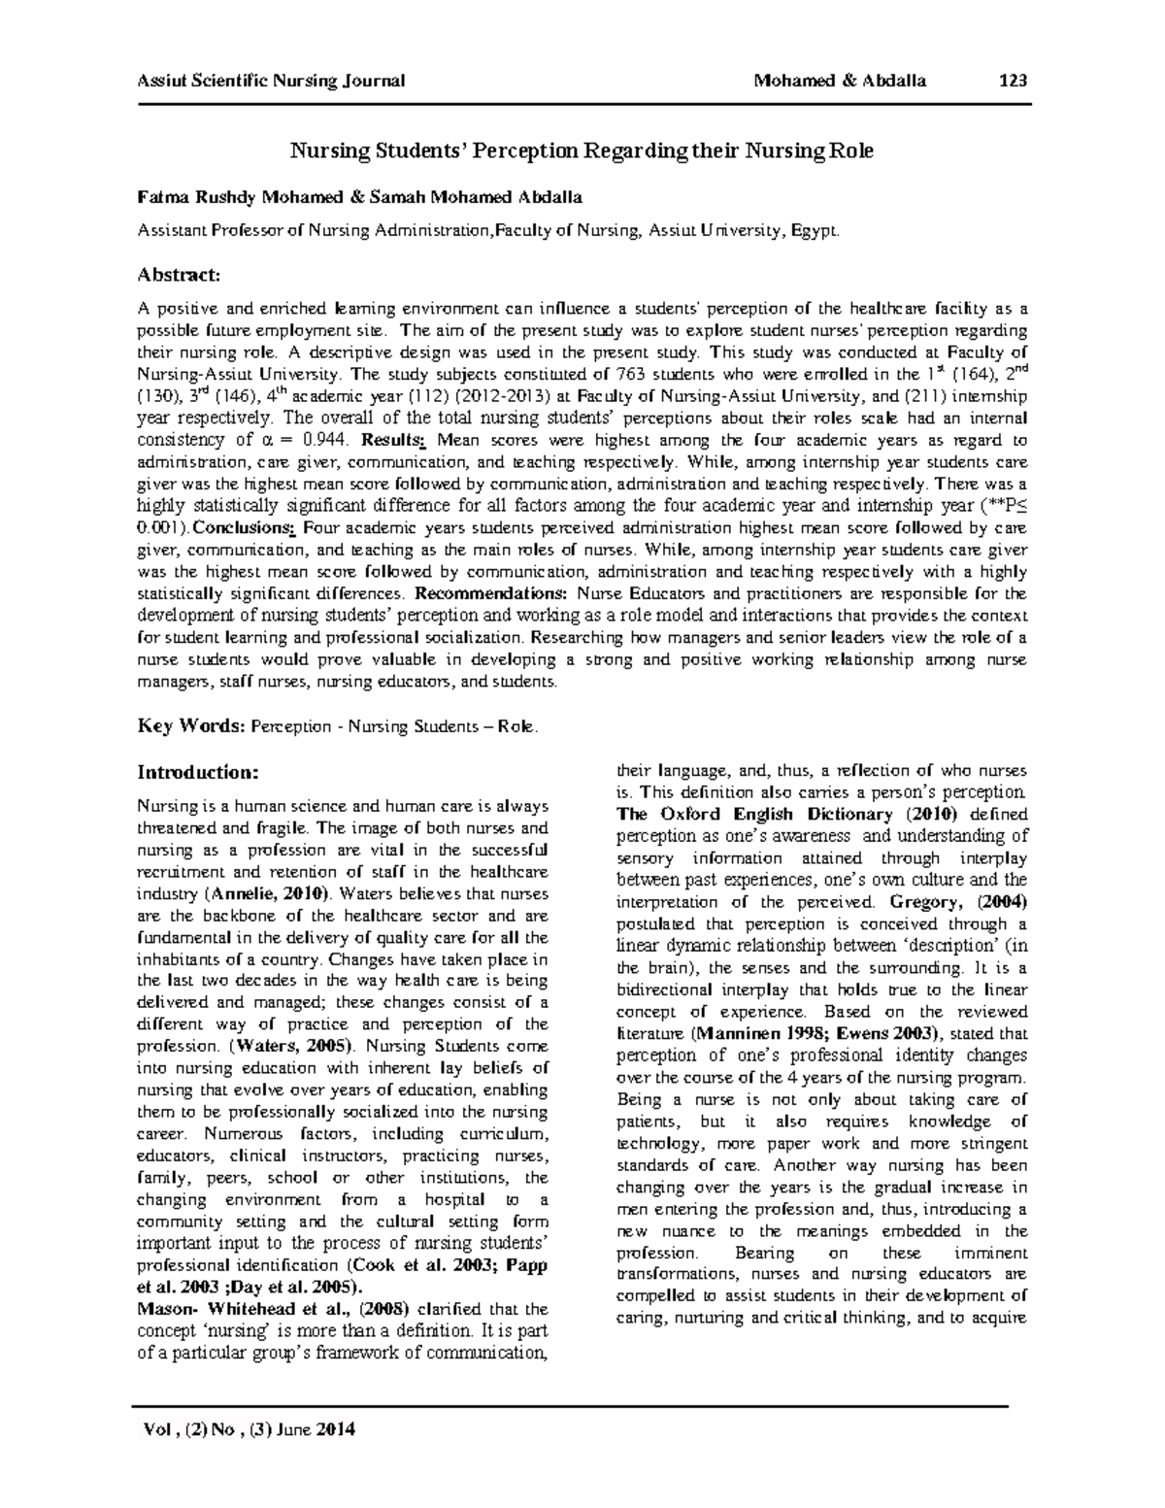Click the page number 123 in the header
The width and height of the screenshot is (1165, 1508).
pos(1014,81)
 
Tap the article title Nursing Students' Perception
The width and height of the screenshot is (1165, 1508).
pos(582,151)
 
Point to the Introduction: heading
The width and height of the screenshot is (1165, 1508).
pos(198,772)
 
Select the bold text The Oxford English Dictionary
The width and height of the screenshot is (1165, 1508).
pos(753,814)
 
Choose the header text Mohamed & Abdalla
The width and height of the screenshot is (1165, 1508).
pos(840,81)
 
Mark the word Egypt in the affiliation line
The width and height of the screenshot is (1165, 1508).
pos(813,230)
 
